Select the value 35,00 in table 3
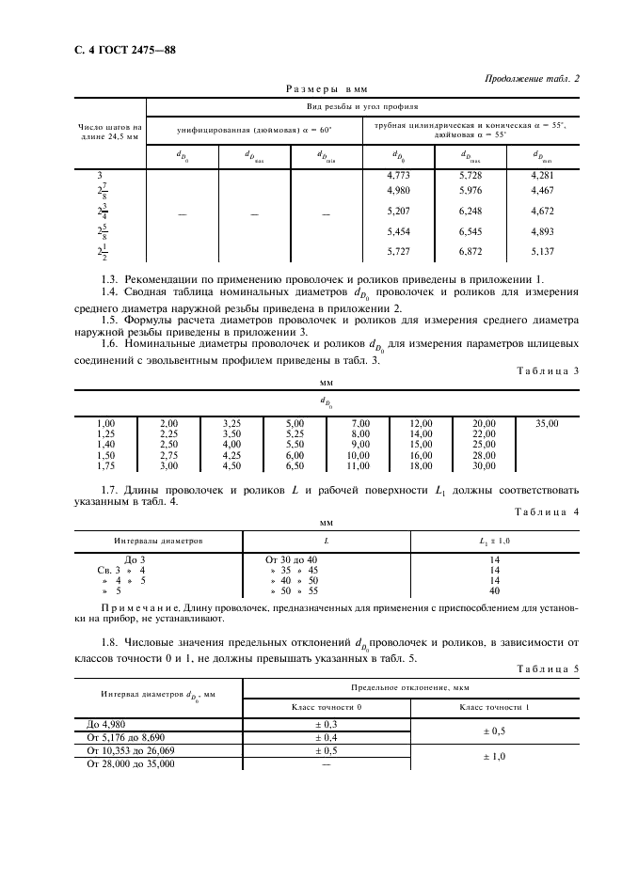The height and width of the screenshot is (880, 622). tap(547, 424)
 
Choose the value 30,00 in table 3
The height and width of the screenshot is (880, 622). tap(484, 465)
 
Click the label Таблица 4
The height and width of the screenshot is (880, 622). tap(551, 511)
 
